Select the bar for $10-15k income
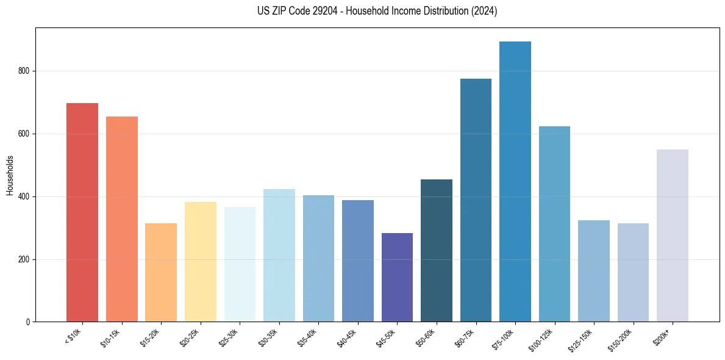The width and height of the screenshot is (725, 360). click(x=122, y=219)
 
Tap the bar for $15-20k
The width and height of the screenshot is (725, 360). click(x=161, y=272)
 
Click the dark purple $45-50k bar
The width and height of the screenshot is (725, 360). click(x=397, y=277)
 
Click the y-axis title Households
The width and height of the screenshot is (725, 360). click(x=10, y=175)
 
